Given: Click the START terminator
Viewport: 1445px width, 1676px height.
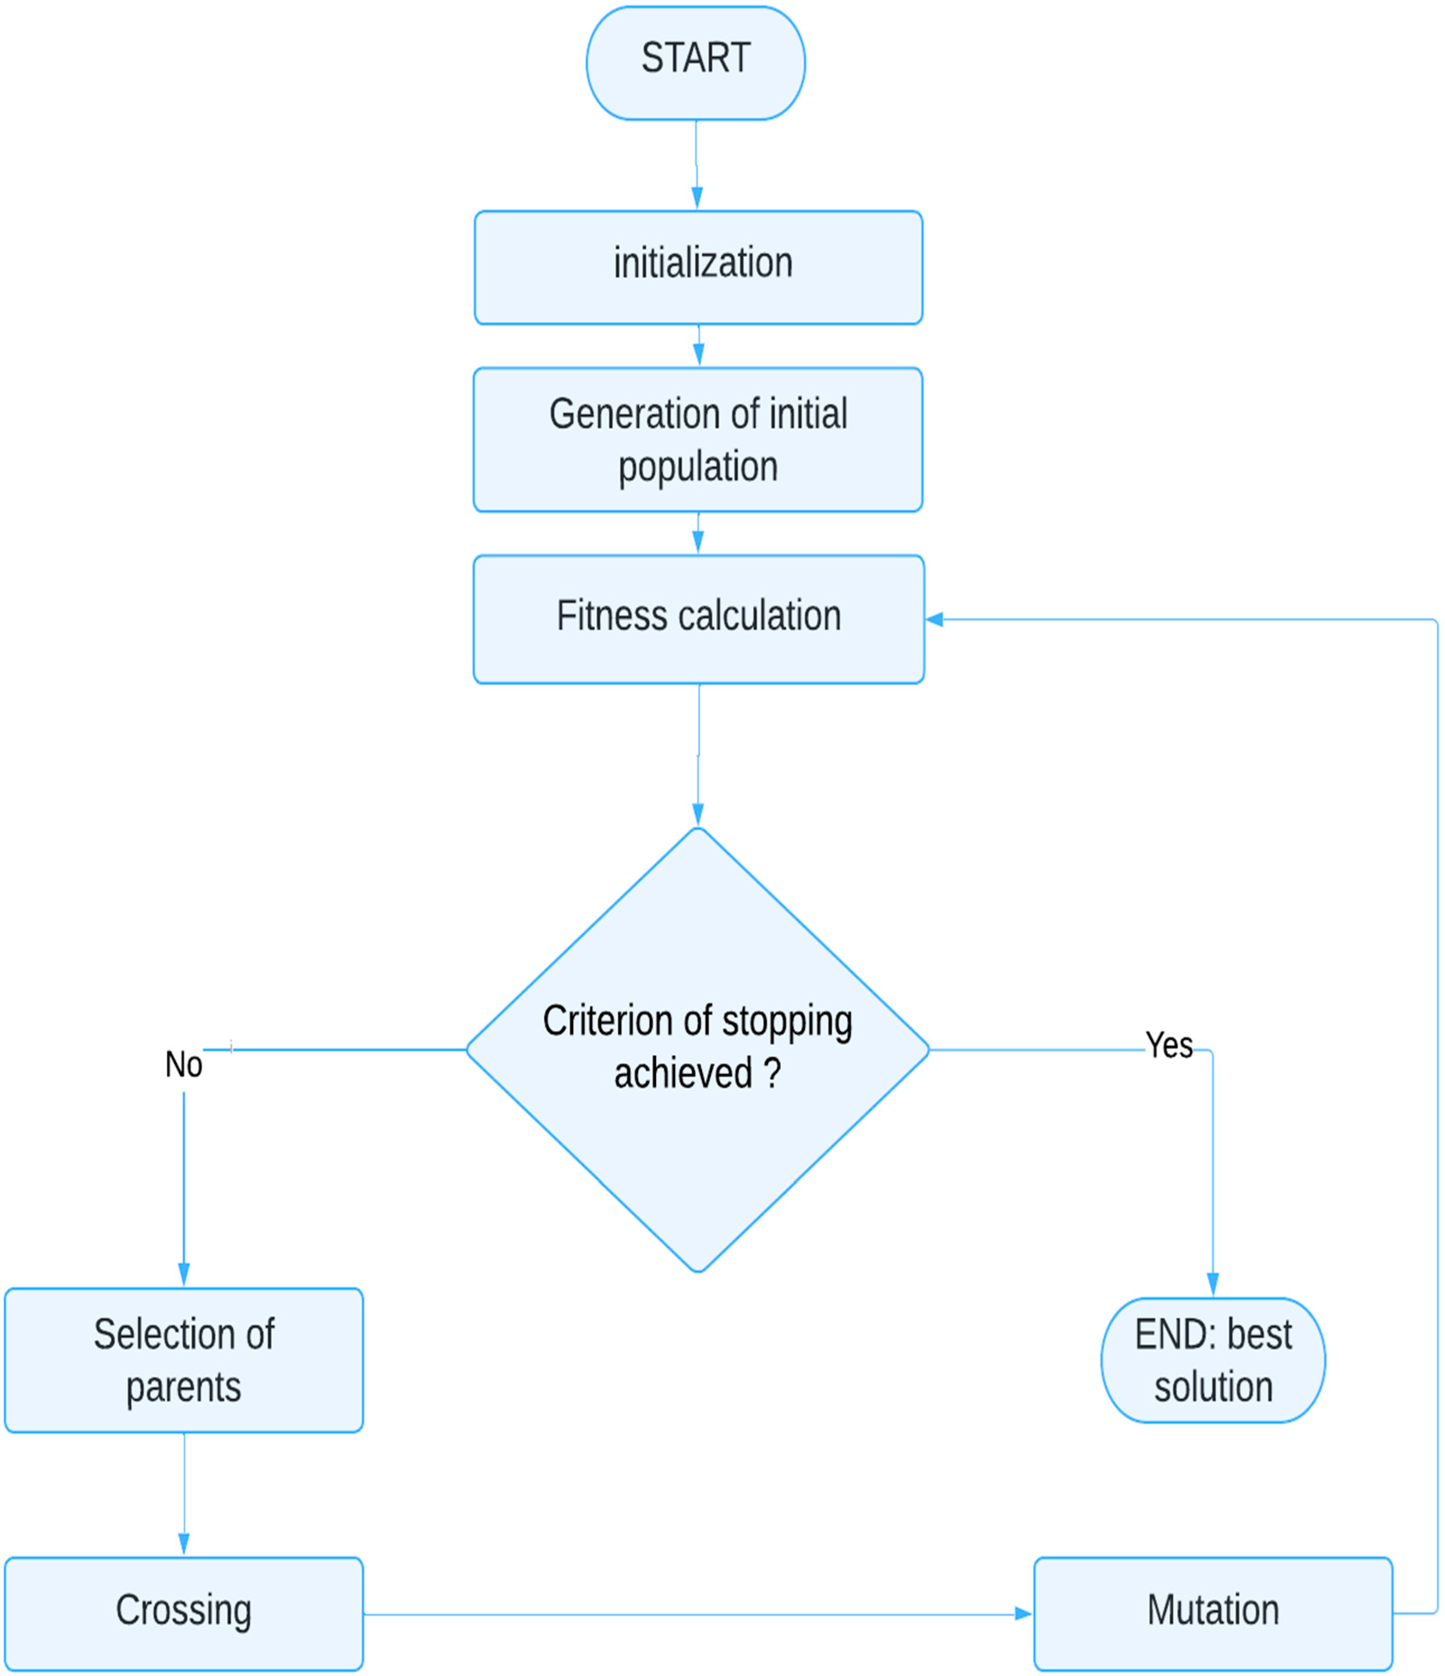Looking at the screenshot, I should pos(695,63).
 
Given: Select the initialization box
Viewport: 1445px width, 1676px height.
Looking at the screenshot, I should pos(698,268).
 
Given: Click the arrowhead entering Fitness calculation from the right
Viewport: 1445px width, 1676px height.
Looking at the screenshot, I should pos(935,620).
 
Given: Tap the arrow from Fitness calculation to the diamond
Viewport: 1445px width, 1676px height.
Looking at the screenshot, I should pos(699,752).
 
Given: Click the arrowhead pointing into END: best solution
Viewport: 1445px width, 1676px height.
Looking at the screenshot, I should pos(1212,1284).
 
